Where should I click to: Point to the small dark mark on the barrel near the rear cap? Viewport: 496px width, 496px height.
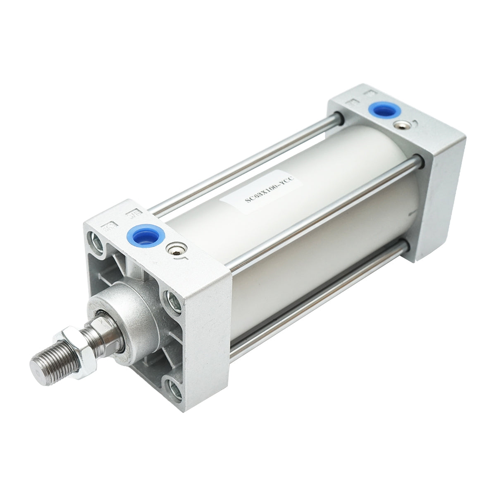pyautogui.click(x=409, y=213)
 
